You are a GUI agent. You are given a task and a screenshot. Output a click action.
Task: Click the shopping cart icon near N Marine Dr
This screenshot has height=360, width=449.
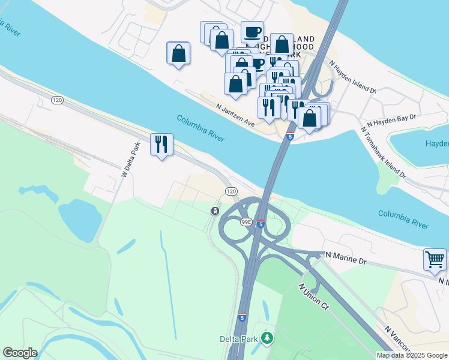tap(435, 260)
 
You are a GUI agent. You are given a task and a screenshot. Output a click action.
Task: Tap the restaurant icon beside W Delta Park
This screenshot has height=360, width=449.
tap(161, 144)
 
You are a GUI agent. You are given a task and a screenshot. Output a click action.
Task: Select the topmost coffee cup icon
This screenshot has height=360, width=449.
tap(252, 31)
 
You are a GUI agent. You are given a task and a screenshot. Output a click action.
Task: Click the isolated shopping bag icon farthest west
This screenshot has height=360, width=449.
tap(178, 53)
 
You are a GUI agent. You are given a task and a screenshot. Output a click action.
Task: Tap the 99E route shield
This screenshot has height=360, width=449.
tap(246, 221)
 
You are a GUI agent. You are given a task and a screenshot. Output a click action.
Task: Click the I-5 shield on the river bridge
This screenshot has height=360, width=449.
tap(290, 137)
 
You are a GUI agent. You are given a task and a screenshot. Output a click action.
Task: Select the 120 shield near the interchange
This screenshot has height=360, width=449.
tap(232, 191)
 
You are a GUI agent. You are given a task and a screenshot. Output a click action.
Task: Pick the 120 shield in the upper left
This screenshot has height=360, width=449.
tap(57, 100)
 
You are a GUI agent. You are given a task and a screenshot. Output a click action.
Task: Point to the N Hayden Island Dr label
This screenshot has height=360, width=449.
tap(351, 76)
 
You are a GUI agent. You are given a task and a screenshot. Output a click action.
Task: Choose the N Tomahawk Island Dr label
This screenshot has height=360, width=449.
tap(383, 153)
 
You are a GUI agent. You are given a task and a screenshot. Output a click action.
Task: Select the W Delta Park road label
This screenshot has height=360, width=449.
tap(130, 159)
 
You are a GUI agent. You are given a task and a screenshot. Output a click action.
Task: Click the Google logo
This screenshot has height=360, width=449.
tap(20, 353)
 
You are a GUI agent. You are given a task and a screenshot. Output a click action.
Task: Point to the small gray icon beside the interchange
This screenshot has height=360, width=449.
tap(214, 211)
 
